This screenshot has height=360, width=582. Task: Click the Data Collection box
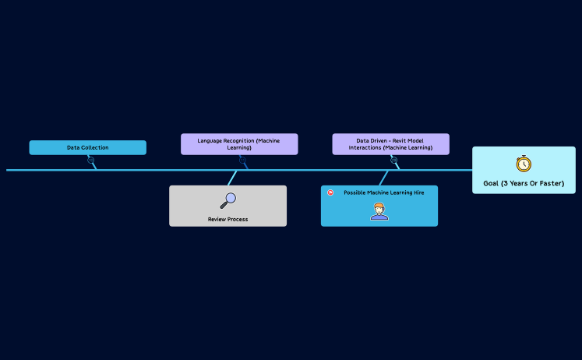click(87, 147)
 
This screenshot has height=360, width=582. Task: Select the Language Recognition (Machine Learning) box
click(239, 144)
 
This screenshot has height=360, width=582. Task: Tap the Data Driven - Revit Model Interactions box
click(390, 144)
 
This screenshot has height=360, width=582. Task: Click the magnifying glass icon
click(228, 201)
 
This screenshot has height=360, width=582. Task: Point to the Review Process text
click(228, 219)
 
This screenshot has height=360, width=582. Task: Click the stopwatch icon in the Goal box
click(524, 164)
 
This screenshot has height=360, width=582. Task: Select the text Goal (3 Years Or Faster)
click(524, 184)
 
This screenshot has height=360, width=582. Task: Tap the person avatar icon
click(379, 211)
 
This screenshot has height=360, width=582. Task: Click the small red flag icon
click(330, 192)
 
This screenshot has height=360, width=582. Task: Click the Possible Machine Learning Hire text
click(384, 192)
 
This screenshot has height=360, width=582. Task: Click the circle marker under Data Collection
click(91, 161)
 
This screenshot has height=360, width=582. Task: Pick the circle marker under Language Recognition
click(242, 161)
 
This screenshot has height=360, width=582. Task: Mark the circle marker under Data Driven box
click(393, 161)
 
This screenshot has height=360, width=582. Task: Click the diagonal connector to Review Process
click(232, 178)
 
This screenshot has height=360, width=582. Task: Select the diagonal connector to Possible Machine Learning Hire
click(383, 178)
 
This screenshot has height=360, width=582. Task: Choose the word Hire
click(418, 192)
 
